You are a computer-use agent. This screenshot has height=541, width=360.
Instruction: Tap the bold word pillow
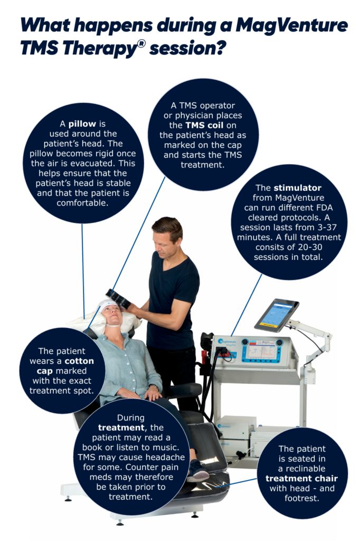[82, 124]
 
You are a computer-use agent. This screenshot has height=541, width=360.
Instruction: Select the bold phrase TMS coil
[204, 125]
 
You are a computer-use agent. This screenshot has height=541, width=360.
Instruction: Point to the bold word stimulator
[297, 188]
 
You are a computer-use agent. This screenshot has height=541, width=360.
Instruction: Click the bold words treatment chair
[301, 479]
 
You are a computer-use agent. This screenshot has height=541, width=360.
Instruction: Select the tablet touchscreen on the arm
[277, 315]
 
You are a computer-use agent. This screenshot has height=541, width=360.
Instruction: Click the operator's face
[165, 242]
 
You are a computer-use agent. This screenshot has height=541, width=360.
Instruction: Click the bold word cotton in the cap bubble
[79, 361]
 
